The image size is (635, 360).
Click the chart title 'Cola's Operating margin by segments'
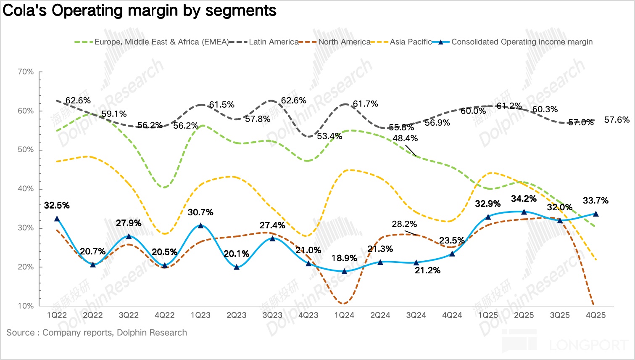[140, 11]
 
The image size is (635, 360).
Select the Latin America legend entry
[274, 42]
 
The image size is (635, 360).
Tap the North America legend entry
[344, 42]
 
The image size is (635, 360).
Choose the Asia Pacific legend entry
[411, 42]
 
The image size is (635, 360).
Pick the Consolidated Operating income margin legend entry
[522, 42]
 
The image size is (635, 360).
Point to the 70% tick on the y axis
[26, 72]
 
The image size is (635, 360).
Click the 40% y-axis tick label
[26, 189]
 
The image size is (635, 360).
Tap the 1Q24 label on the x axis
[344, 315]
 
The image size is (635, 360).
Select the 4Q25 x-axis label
[595, 315]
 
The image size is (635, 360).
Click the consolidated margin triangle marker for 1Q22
[57, 219]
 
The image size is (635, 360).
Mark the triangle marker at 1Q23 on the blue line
[200, 225]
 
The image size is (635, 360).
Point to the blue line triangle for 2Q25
[524, 212]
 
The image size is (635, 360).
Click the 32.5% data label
[57, 206]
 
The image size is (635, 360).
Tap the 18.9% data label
[344, 258]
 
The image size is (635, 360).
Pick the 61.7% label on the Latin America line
[366, 104]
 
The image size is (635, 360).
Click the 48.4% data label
[405, 138]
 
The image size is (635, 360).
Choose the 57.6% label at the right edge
[617, 120]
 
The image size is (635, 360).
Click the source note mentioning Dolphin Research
[97, 333]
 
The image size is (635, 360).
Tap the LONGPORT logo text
[588, 345]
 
